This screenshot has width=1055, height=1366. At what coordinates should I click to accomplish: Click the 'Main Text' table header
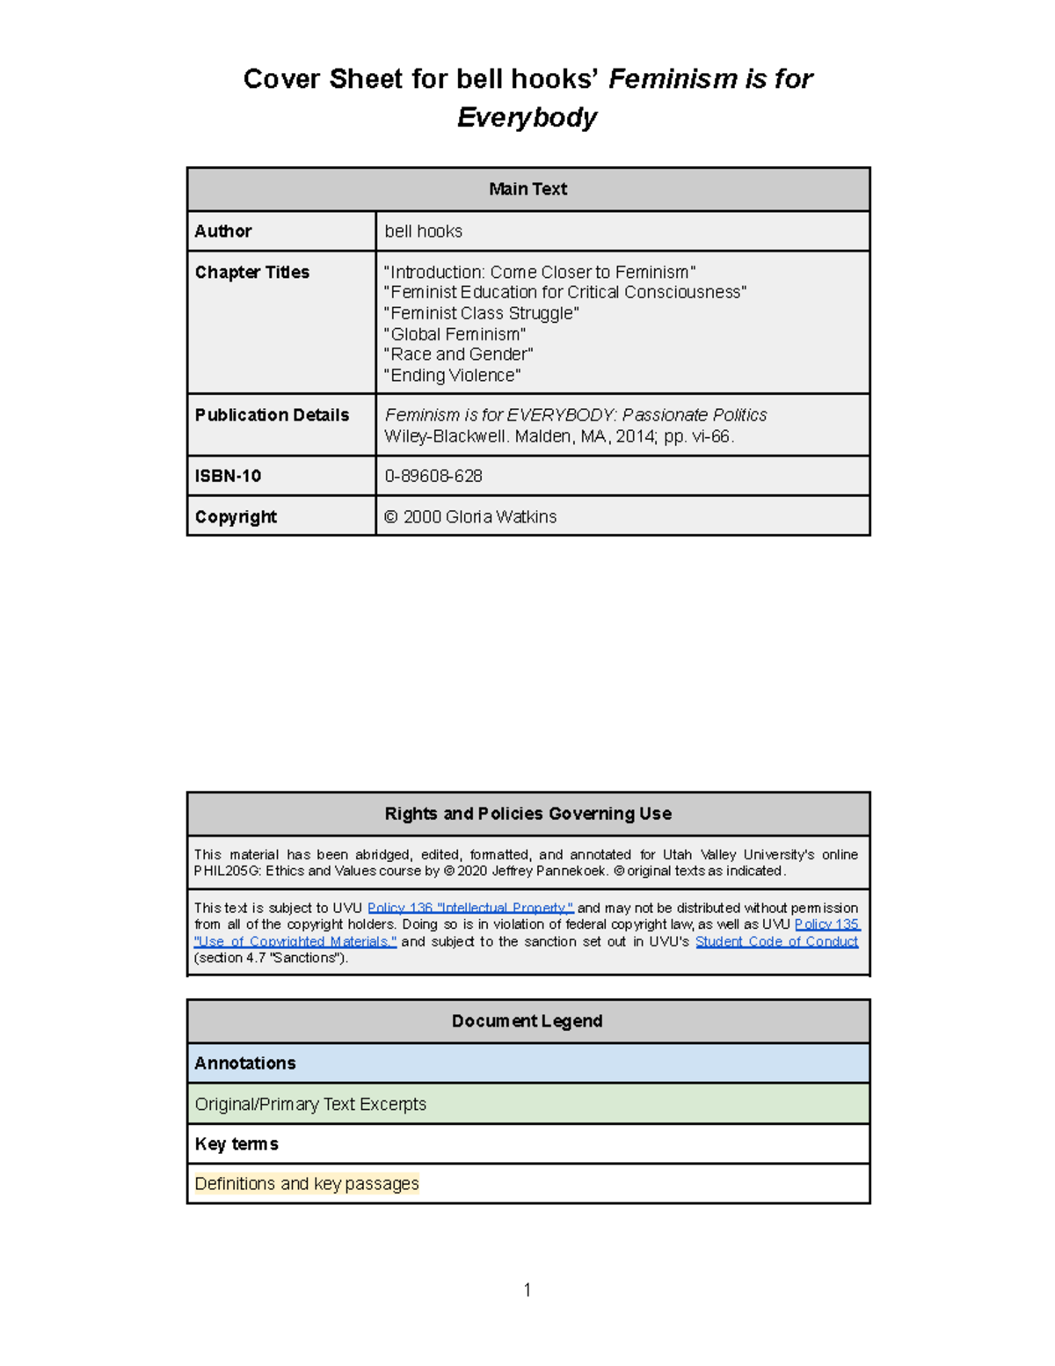pos(527,189)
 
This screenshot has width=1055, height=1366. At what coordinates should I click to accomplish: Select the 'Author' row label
pos(223,231)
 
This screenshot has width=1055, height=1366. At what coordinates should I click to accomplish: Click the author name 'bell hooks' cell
pos(423,231)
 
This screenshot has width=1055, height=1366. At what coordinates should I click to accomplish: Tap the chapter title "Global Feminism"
pos(455,334)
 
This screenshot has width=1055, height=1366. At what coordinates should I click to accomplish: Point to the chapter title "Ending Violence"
pos(452,376)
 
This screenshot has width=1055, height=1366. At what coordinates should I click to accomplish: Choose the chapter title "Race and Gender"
pos(458,354)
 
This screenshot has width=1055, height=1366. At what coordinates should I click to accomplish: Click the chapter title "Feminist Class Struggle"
pos(481,313)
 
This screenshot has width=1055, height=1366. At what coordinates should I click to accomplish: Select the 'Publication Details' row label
pos(272,415)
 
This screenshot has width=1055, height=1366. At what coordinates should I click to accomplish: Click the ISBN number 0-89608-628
pos(433,476)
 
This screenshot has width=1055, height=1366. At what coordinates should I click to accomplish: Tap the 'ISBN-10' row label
pos(228,476)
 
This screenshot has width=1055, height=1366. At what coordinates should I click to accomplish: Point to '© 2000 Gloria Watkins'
pos(470,517)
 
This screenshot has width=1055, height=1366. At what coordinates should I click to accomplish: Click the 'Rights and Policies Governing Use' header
pos(527,814)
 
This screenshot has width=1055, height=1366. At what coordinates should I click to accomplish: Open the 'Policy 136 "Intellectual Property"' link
pos(470,908)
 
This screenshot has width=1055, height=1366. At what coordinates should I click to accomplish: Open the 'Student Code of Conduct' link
pos(776,941)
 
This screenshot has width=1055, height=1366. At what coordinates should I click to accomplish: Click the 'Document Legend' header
pos(527,1021)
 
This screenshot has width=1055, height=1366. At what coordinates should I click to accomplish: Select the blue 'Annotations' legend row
pos(527,1063)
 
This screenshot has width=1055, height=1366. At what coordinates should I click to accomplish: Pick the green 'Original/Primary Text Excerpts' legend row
pos(527,1104)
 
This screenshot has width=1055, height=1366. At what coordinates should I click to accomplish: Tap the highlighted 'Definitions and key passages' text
pos(307,1184)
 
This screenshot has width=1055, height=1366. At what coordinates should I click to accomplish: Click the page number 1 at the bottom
pos(527,1289)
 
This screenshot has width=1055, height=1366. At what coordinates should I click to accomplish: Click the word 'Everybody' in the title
pos(527,117)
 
